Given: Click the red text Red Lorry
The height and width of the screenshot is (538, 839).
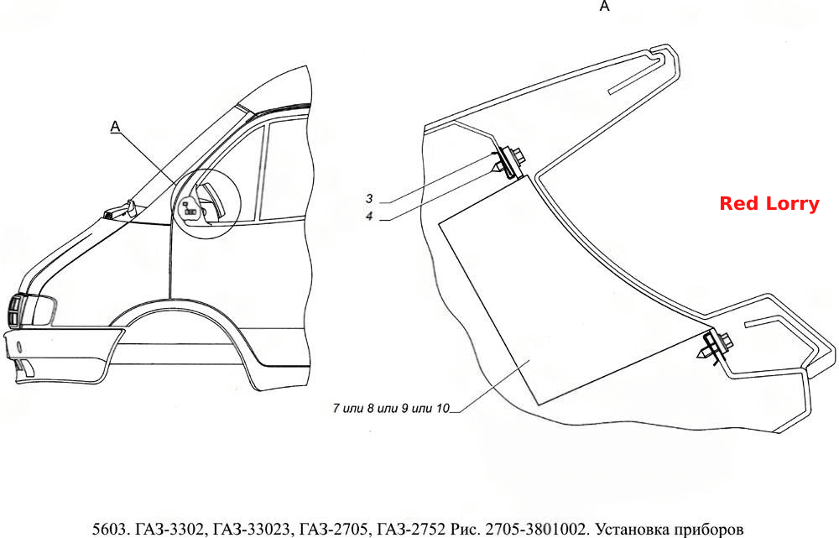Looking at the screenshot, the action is pos(769,203).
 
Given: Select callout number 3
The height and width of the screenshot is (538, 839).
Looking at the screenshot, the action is pos(369,199).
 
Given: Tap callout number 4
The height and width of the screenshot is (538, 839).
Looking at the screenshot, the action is pos(369,217).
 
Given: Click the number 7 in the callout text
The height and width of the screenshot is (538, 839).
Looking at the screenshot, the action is pos(336,408).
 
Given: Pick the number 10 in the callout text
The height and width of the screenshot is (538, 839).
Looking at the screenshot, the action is pos(443,408).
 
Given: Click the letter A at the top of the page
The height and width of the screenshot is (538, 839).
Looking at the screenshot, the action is pos(605,6).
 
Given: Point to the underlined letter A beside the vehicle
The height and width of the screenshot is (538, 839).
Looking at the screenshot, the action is pos(115,127).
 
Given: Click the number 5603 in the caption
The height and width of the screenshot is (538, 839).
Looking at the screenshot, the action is pos(109,529).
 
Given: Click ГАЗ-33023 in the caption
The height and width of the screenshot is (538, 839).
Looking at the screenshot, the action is pos(250,529).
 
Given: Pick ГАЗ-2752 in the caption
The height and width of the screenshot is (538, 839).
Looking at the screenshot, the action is pos(411,529).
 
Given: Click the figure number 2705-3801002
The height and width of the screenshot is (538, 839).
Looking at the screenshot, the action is pos(535,529).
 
